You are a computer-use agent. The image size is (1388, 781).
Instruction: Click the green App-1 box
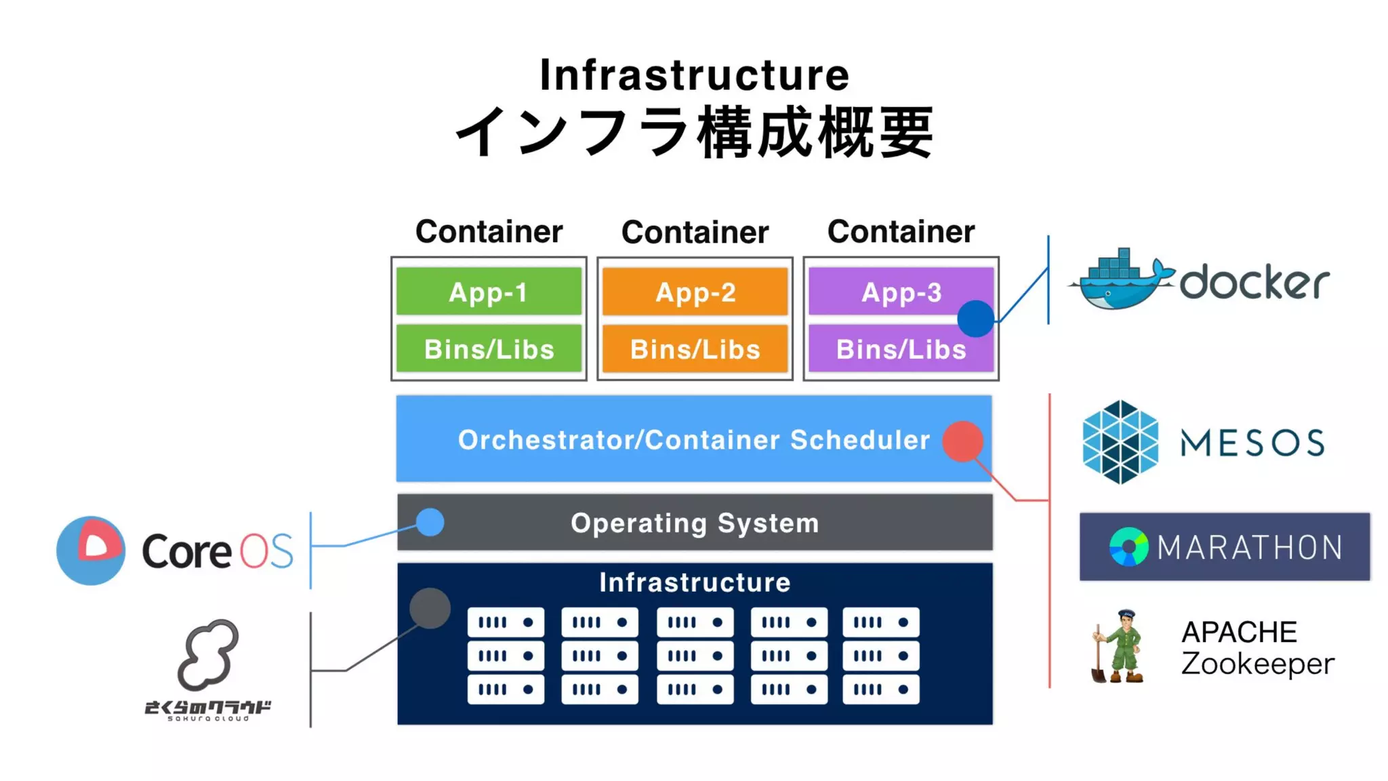(x=489, y=292)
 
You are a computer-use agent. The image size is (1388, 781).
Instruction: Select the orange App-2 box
(x=695, y=292)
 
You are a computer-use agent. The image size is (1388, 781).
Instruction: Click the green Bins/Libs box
(x=489, y=348)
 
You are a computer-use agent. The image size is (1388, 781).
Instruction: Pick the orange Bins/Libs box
(x=695, y=348)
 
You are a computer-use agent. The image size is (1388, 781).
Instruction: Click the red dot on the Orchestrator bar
(x=962, y=441)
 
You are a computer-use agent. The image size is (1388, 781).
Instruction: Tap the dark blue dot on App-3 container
(x=975, y=319)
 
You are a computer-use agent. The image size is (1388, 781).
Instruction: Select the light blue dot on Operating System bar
(x=430, y=522)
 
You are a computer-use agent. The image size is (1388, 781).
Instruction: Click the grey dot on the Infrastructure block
(x=430, y=608)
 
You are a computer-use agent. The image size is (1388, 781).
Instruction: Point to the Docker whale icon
(x=1122, y=280)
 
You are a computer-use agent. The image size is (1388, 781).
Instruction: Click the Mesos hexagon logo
(x=1120, y=442)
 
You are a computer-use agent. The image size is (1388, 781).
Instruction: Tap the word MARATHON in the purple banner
(x=1249, y=548)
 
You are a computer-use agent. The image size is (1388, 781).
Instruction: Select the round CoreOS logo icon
(x=91, y=550)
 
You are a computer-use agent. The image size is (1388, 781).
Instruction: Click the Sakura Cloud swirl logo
(x=208, y=654)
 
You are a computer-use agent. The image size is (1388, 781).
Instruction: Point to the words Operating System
(x=695, y=523)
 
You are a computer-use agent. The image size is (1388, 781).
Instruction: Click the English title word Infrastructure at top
(x=694, y=75)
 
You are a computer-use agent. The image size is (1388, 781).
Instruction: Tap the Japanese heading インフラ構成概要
(x=694, y=132)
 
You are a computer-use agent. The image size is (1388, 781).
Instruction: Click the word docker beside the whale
(x=1254, y=282)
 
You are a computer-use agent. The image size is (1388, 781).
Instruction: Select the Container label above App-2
(x=695, y=232)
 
